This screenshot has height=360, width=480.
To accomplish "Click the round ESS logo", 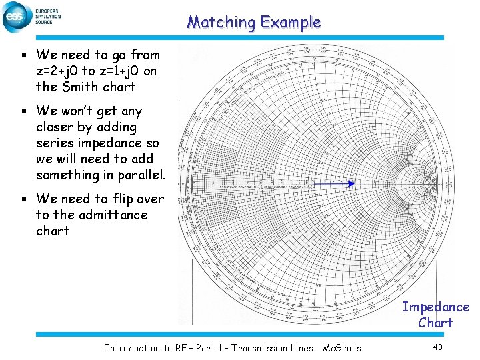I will (16, 17).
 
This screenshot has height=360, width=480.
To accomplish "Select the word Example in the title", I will (291, 22).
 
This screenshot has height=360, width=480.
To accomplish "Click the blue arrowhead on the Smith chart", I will (351, 183).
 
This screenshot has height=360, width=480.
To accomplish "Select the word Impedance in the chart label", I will (435, 307).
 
